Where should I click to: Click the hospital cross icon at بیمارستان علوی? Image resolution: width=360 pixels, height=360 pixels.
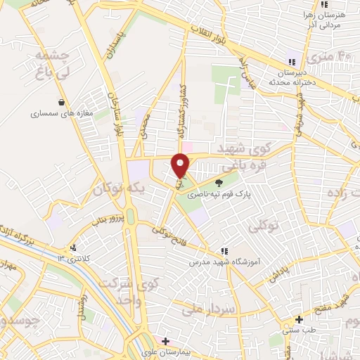click(x=165, y=341)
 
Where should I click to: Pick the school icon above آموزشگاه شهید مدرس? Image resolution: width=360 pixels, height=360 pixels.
click(x=224, y=250)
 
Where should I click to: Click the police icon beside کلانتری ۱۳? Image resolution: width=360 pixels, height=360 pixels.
click(x=73, y=247)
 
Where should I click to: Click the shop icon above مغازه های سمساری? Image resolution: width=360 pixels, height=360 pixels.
click(x=62, y=101)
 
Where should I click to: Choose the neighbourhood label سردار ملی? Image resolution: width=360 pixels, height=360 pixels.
click(x=207, y=307)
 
